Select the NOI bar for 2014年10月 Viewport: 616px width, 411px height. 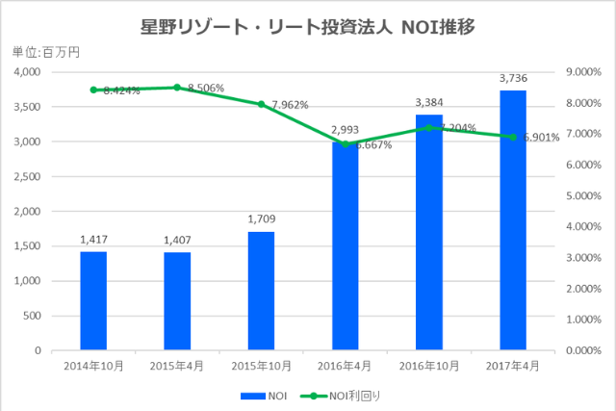(x=93, y=300)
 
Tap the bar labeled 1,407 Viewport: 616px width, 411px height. (x=177, y=301)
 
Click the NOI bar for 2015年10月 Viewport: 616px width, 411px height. (x=261, y=291)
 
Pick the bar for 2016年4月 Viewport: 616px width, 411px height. (x=346, y=246)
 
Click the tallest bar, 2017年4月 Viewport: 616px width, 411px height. (x=513, y=220)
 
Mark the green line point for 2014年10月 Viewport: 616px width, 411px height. (x=93, y=90)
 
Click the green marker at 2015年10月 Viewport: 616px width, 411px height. (x=261, y=104)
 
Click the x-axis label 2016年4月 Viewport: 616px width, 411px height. (x=346, y=366)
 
